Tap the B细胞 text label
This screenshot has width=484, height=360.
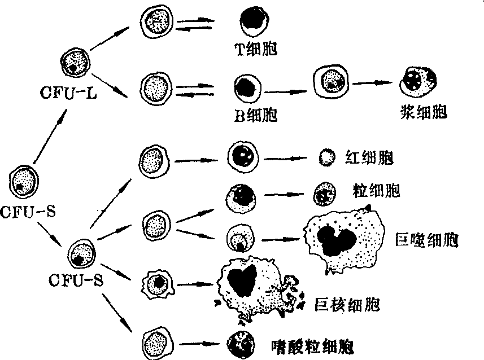256,116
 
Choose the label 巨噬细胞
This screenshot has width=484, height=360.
431,240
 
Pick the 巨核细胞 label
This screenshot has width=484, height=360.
345,305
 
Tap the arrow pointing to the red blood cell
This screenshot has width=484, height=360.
289,159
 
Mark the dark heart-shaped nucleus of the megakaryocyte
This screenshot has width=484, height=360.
243,279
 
